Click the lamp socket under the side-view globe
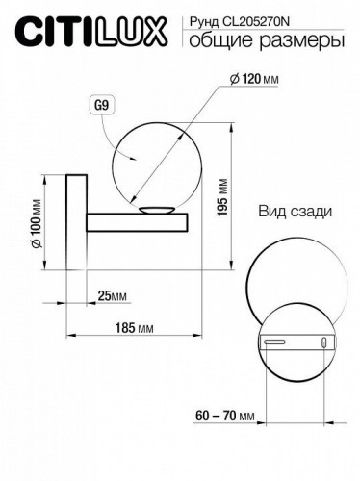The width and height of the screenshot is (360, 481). pyautogui.click(x=156, y=212)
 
